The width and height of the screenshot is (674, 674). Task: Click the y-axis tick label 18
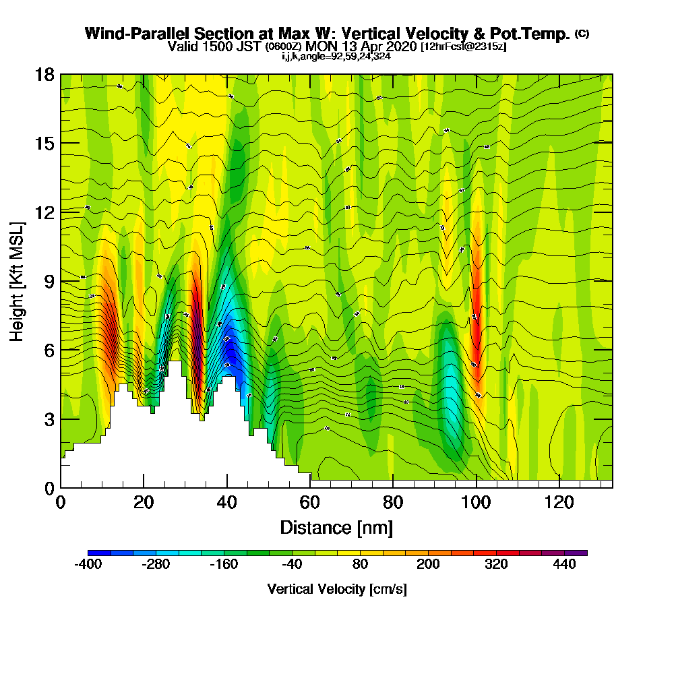point(44,74)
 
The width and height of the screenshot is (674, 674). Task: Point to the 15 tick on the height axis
point(44,144)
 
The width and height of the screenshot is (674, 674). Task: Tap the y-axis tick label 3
point(49,419)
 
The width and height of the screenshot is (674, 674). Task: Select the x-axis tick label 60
point(310,502)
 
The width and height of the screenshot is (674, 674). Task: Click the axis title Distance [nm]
point(336,527)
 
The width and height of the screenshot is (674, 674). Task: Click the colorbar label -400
point(88,565)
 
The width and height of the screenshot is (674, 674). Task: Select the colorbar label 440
point(564,565)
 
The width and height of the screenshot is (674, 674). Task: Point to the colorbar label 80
point(360,565)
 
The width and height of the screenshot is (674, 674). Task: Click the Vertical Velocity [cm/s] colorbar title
point(337,589)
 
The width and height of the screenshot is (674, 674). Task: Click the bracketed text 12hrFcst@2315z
point(463,47)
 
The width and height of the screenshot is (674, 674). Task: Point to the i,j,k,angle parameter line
point(336,57)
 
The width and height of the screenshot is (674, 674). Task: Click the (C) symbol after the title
point(582,33)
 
